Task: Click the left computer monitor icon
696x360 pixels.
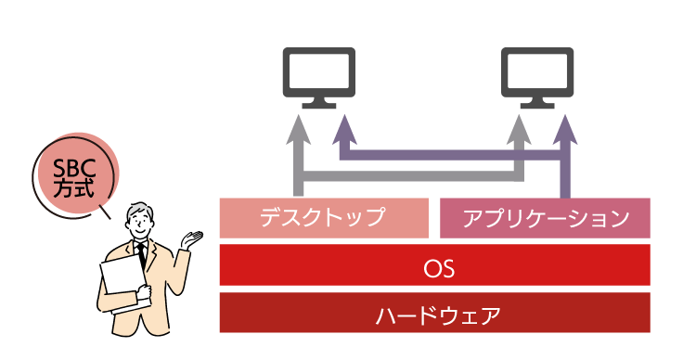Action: point(318,78)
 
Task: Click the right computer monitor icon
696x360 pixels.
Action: point(537,78)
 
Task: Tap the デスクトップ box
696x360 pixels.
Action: point(324,218)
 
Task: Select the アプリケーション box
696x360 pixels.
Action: point(545,218)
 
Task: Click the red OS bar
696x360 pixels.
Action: point(435,264)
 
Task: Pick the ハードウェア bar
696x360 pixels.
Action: point(435,313)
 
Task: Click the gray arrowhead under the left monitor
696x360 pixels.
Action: point(298,130)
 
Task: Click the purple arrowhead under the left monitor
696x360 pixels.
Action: point(345,130)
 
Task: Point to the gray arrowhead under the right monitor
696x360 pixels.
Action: point(519,130)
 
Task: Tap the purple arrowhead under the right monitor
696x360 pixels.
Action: point(565,130)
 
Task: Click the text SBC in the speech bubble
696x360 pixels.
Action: point(74,169)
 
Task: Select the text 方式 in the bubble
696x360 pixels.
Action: point(74,188)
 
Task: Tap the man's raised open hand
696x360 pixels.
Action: point(191,239)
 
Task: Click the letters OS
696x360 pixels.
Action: point(439,268)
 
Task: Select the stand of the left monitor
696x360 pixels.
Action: point(318,103)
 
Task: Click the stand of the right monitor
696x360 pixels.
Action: point(537,103)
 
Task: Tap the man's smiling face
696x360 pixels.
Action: point(139,225)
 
